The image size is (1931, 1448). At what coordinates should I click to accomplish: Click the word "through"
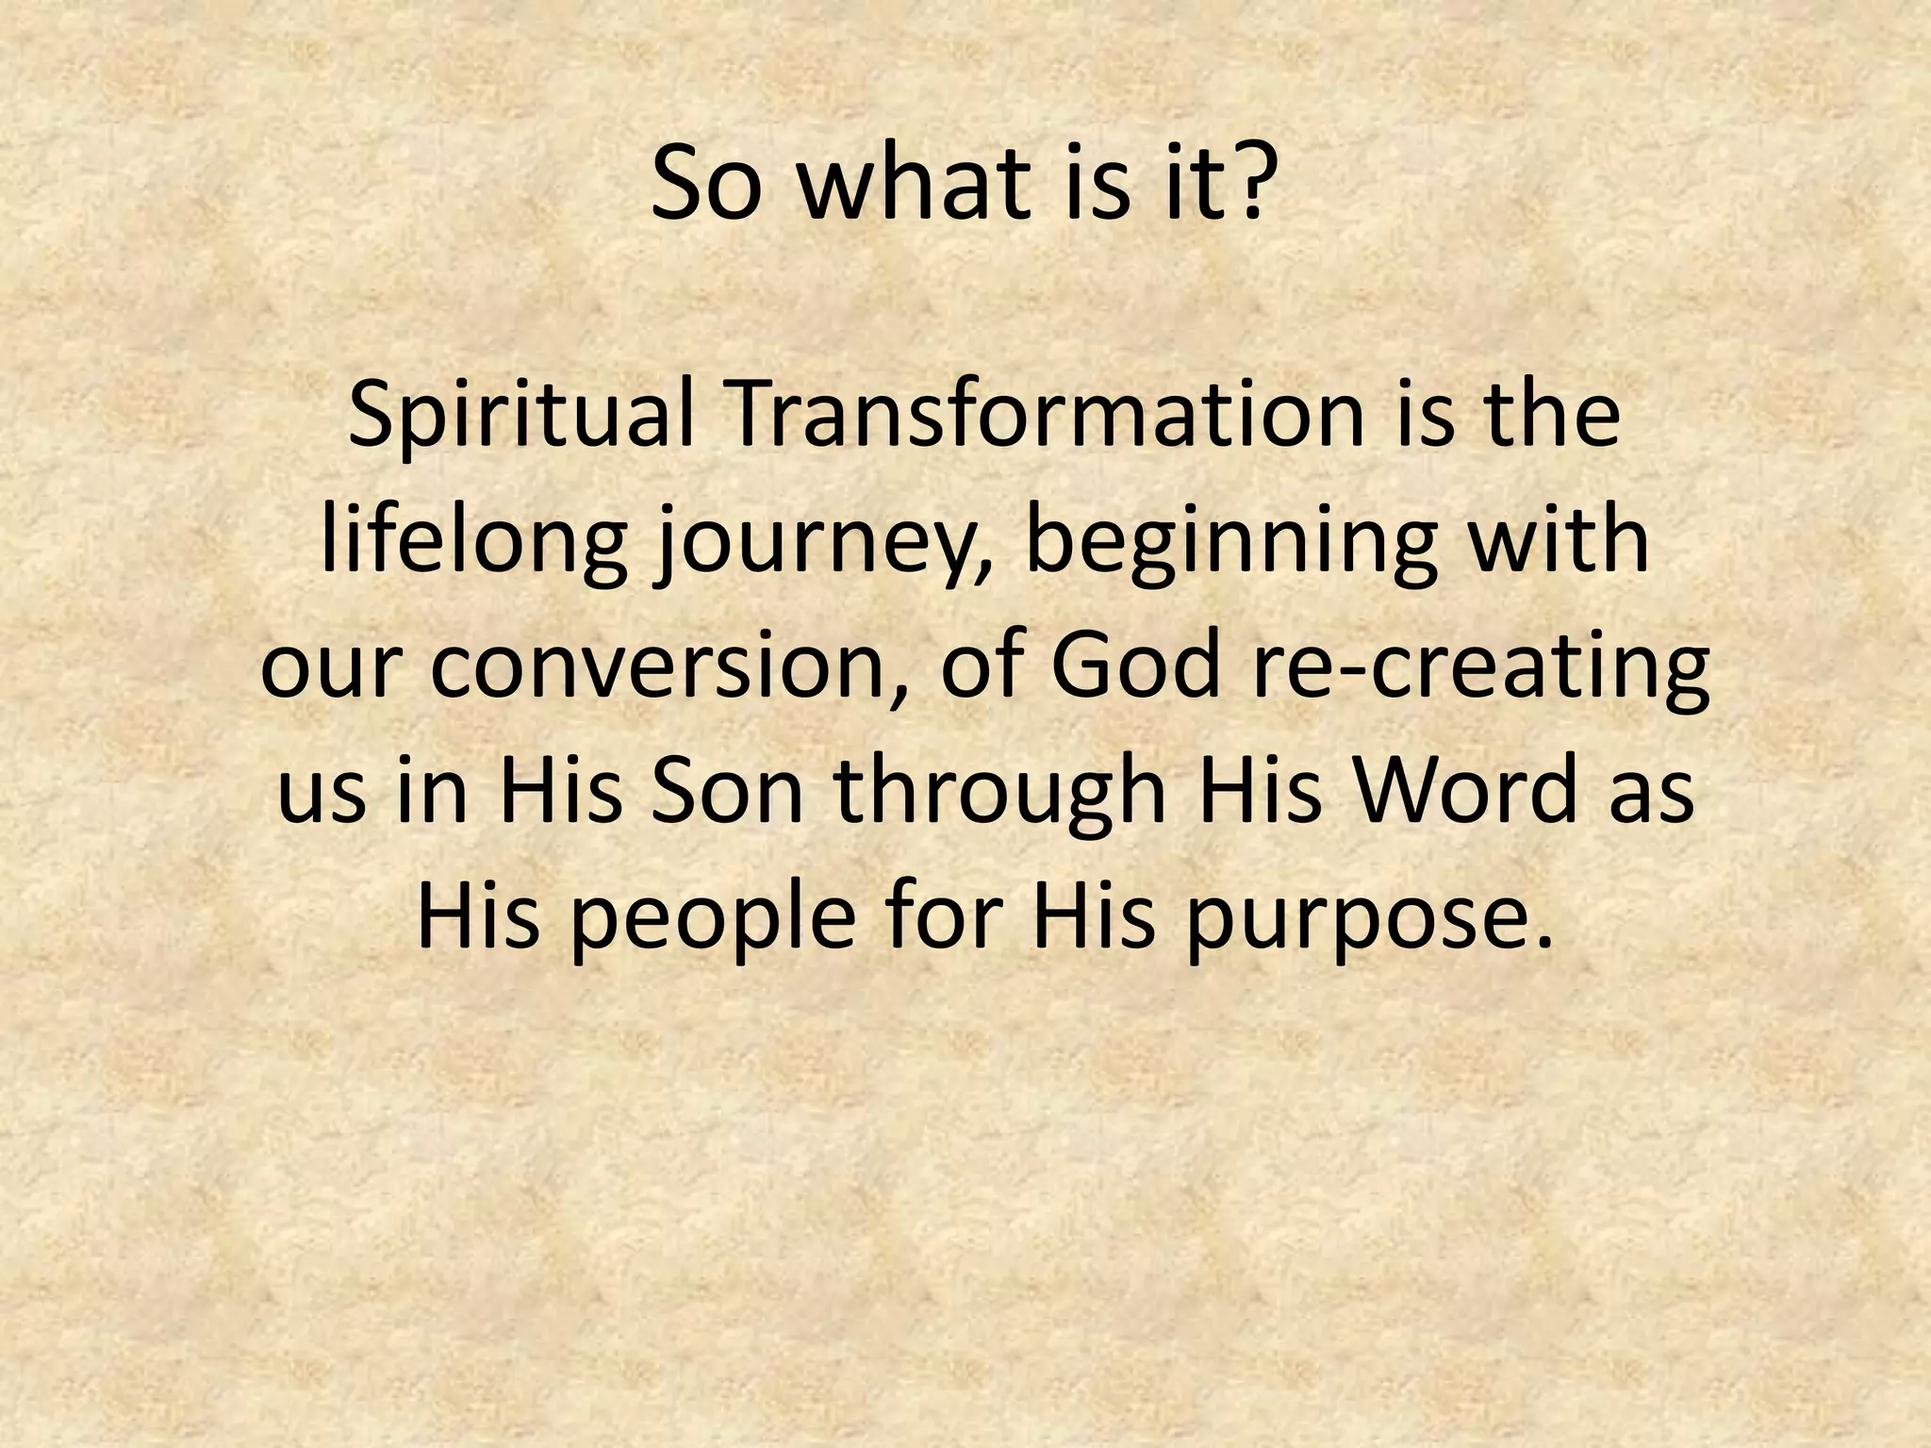click(x=1002, y=794)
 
